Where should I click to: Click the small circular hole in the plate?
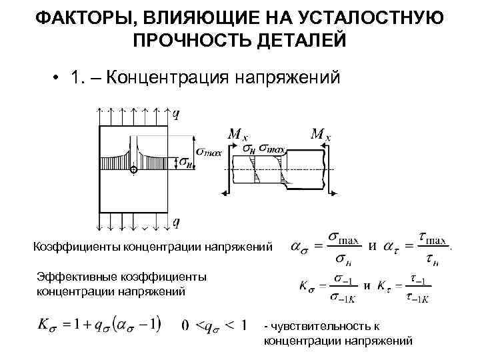pos(133,171)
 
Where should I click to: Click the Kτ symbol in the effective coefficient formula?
pos(386,287)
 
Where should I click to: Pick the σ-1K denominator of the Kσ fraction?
pos(345,297)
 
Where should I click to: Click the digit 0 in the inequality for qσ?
pos(187,325)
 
